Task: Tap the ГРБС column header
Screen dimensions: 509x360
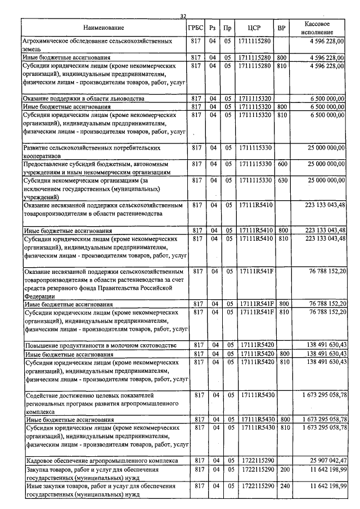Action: point(197,28)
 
